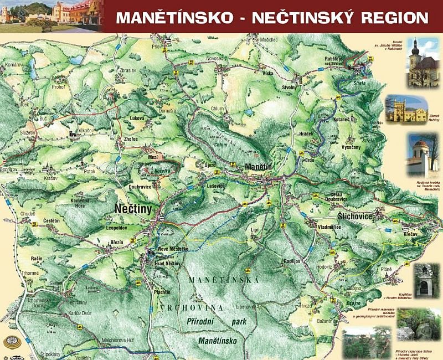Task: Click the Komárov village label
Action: pos(13,65)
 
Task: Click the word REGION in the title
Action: pos(394,17)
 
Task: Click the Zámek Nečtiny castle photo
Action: pos(406,108)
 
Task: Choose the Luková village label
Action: pos(137,117)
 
